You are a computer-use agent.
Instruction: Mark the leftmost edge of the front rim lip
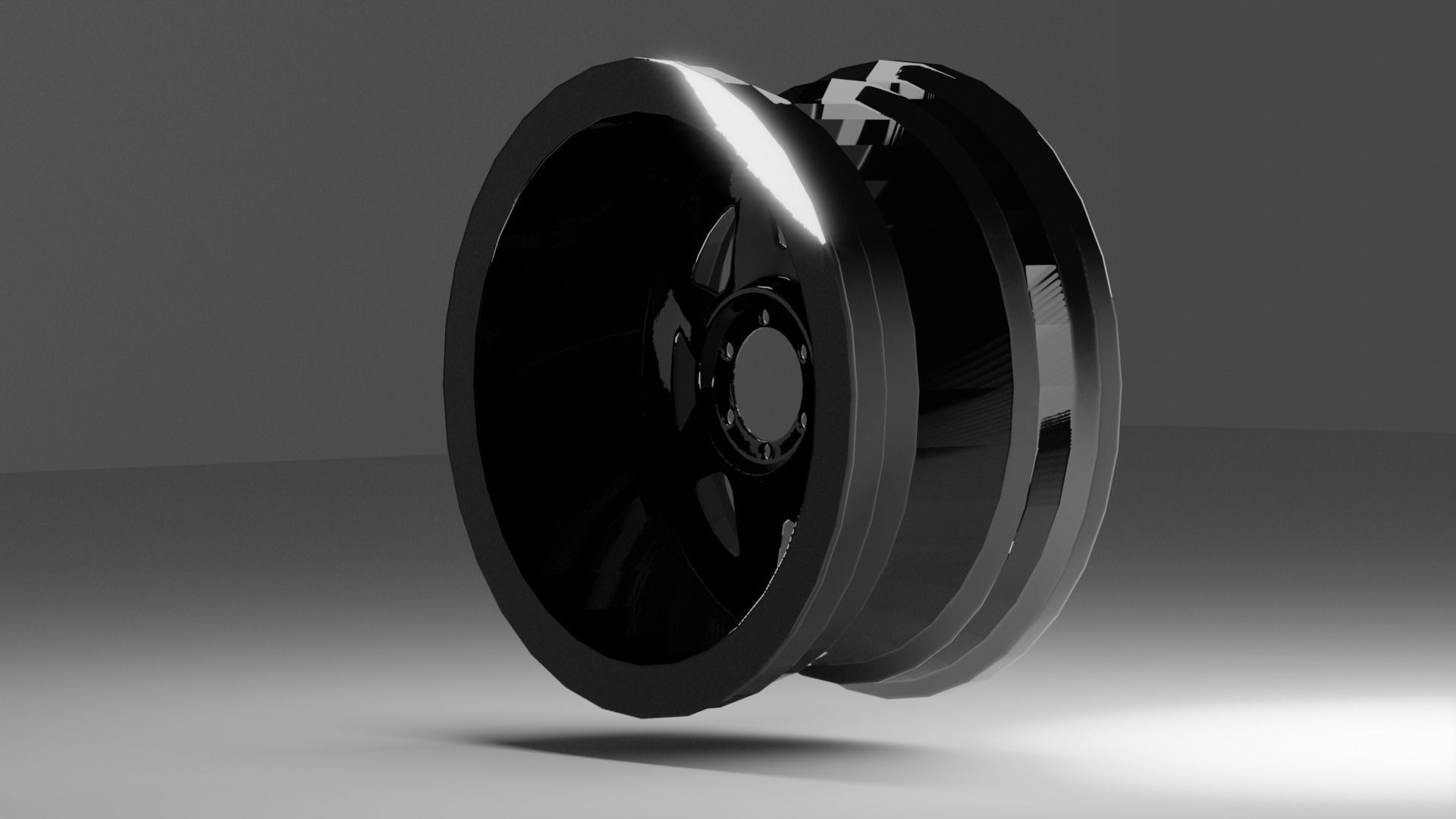450,379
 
